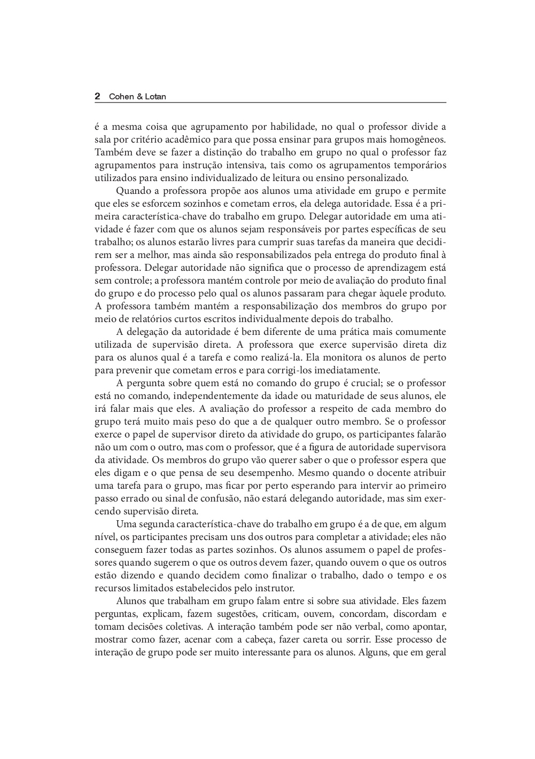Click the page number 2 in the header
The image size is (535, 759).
point(97,97)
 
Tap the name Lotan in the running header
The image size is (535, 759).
point(156,97)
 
